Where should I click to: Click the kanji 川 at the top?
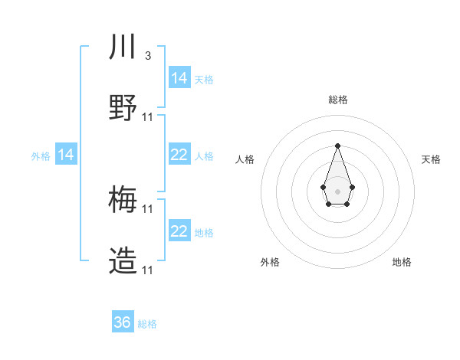pyautogui.click(x=123, y=47)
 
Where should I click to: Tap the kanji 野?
pyautogui.click(x=123, y=108)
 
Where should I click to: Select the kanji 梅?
pyautogui.click(x=123, y=200)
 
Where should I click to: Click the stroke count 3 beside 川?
pyautogui.click(x=147, y=56)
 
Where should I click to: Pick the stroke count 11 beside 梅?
pyautogui.click(x=148, y=208)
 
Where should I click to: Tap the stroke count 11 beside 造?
pyautogui.click(x=148, y=270)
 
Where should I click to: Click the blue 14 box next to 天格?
pyautogui.click(x=179, y=78)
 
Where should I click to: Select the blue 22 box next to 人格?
pyautogui.click(x=179, y=155)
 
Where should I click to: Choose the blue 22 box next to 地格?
pyautogui.click(x=179, y=231)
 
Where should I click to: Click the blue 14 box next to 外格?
pyautogui.click(x=66, y=155)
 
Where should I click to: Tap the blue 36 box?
pyautogui.click(x=123, y=322)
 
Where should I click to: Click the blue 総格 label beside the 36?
pyautogui.click(x=147, y=324)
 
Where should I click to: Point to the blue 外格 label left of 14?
pyautogui.click(x=41, y=156)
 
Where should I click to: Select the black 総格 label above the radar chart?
pyautogui.click(x=337, y=100)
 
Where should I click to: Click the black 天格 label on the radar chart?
pyautogui.click(x=431, y=159)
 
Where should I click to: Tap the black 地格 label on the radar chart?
pyautogui.click(x=402, y=262)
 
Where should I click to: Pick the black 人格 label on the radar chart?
pyautogui.click(x=245, y=159)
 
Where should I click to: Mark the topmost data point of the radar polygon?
pyautogui.click(x=337, y=146)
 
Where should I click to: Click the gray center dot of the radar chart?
pyautogui.click(x=337, y=190)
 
